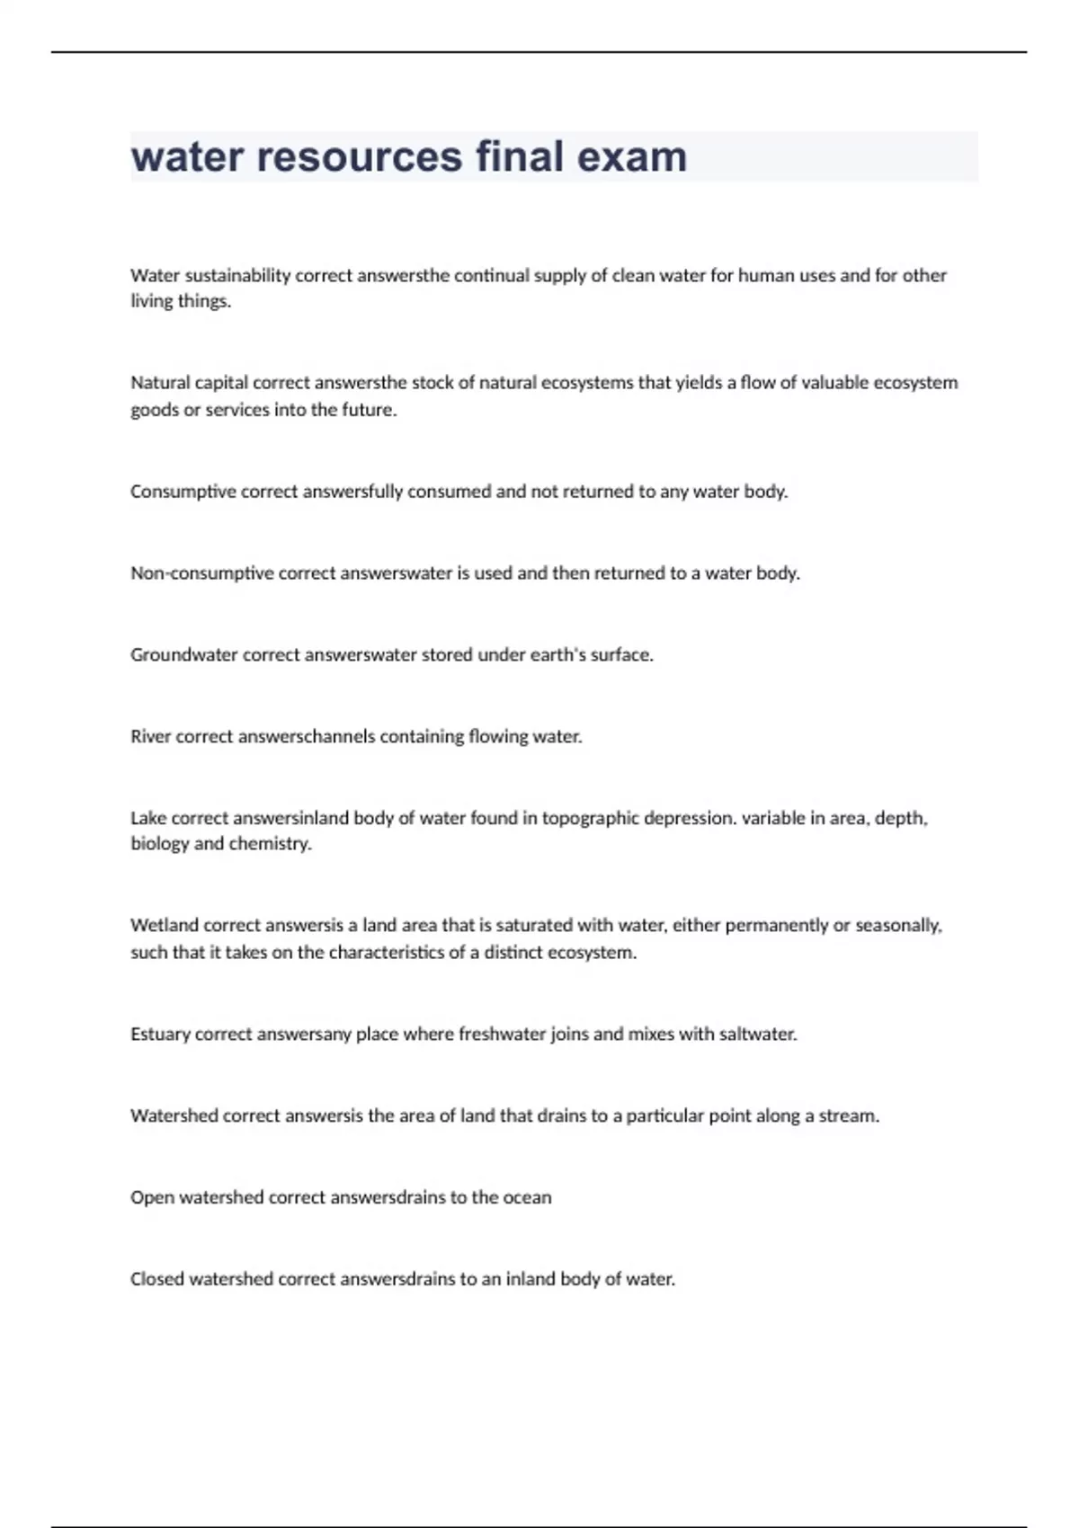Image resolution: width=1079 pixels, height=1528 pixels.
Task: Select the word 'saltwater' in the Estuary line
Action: tap(756, 1035)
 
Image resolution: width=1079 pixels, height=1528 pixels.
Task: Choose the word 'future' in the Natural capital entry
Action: tap(370, 410)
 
